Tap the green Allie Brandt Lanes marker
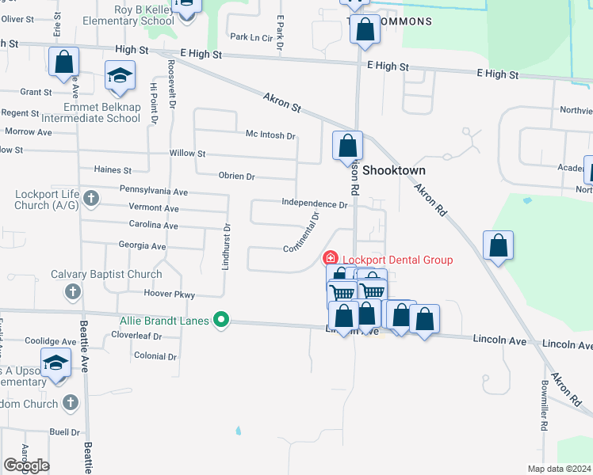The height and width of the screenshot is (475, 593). pos(222,320)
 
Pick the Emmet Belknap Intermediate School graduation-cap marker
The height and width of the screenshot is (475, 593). pos(120,77)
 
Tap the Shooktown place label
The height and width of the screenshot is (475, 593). pos(395,170)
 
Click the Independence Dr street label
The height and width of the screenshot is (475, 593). pos(315,204)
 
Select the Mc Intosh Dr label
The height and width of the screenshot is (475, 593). pos(270,135)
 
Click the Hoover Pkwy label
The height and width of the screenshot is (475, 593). pos(169,294)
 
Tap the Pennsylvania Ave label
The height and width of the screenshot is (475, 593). pos(153,191)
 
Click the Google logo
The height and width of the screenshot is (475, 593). pos(26,465)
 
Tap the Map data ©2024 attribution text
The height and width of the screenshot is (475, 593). pos(560,469)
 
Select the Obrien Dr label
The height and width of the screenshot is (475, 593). pos(236,177)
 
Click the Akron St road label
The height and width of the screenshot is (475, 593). pos(283,101)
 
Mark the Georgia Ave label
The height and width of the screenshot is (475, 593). pos(142,246)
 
